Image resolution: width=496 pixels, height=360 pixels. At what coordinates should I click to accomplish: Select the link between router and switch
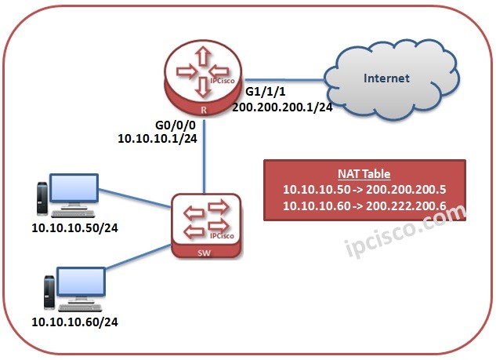205,157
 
